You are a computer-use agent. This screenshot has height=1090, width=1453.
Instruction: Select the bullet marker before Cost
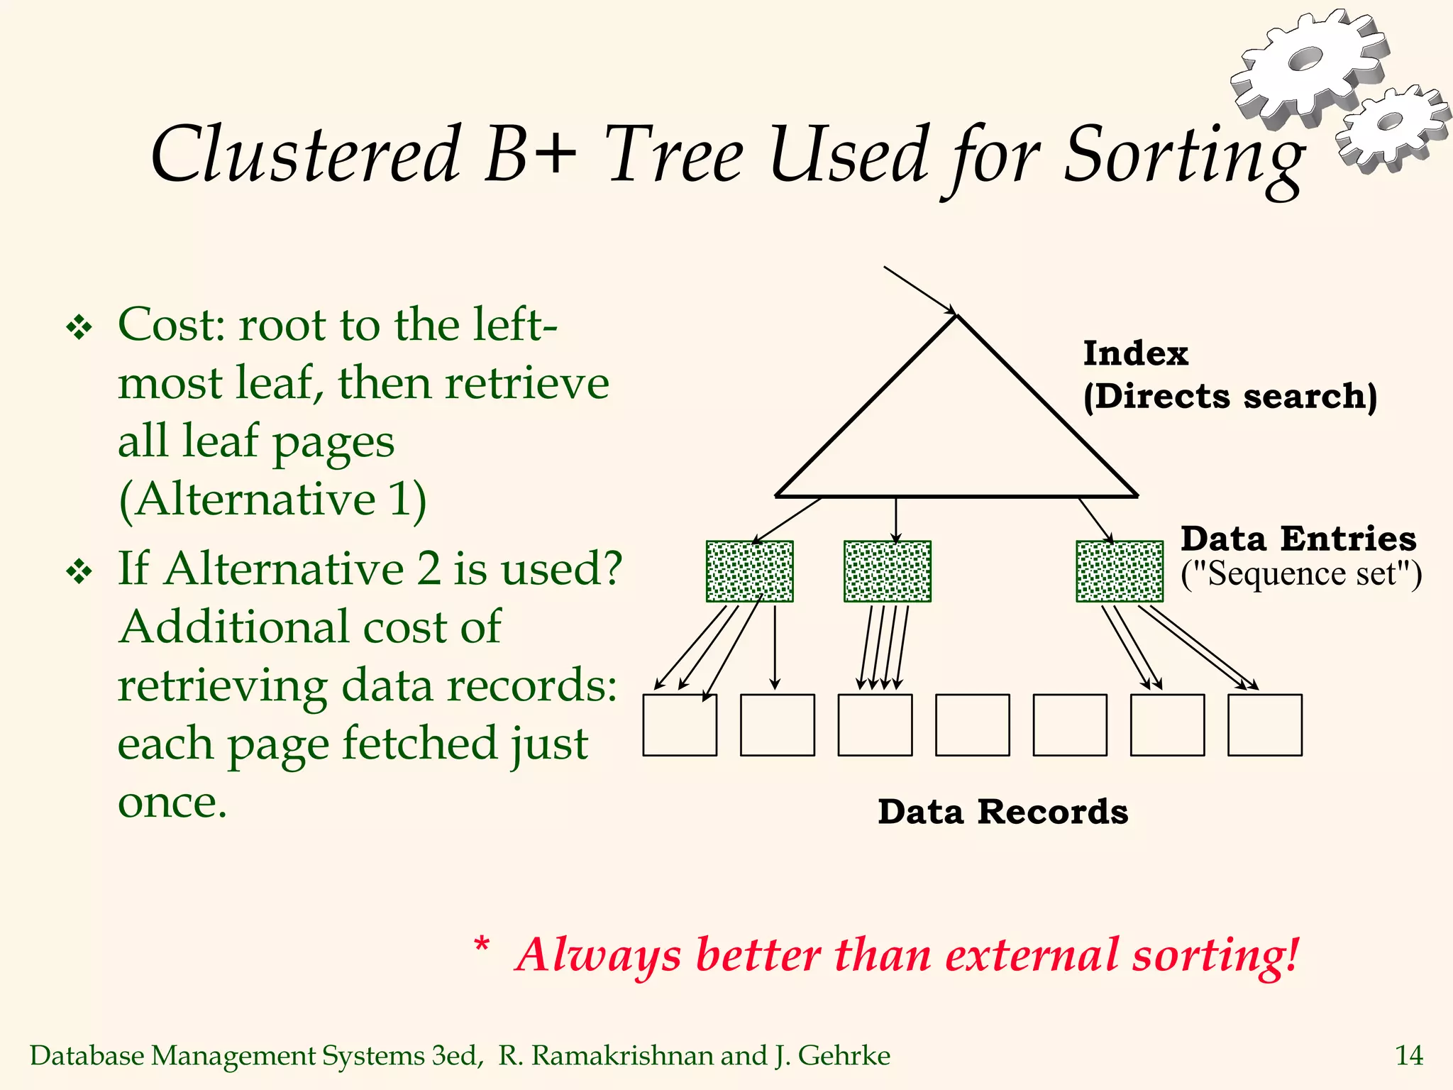pyautogui.click(x=79, y=327)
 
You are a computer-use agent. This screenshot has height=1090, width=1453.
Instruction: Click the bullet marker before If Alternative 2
pyautogui.click(x=79, y=571)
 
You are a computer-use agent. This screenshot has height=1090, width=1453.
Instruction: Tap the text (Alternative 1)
pyautogui.click(x=272, y=499)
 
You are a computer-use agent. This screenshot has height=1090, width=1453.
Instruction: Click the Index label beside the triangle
pyautogui.click(x=1135, y=353)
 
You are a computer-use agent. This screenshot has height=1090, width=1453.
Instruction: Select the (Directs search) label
pyautogui.click(x=1230, y=396)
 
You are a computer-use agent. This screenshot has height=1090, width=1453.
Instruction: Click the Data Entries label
pyautogui.click(x=1298, y=539)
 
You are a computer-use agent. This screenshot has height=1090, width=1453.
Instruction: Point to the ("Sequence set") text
pyautogui.click(x=1300, y=573)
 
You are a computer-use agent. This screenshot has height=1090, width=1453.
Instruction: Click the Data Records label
pyautogui.click(x=1002, y=812)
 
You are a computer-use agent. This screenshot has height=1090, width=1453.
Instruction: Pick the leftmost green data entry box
pyautogui.click(x=749, y=571)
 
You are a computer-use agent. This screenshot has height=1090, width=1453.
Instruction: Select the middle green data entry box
pyautogui.click(x=887, y=571)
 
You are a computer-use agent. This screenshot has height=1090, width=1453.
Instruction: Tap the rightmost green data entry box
pyautogui.click(x=1120, y=571)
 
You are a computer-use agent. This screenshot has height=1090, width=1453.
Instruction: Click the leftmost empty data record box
pyautogui.click(x=680, y=725)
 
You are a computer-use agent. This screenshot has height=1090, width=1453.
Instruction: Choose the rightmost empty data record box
pyautogui.click(x=1264, y=725)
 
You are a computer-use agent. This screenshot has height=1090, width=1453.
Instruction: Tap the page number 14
pyautogui.click(x=1408, y=1056)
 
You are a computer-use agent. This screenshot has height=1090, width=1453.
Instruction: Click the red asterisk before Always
pyautogui.click(x=482, y=945)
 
